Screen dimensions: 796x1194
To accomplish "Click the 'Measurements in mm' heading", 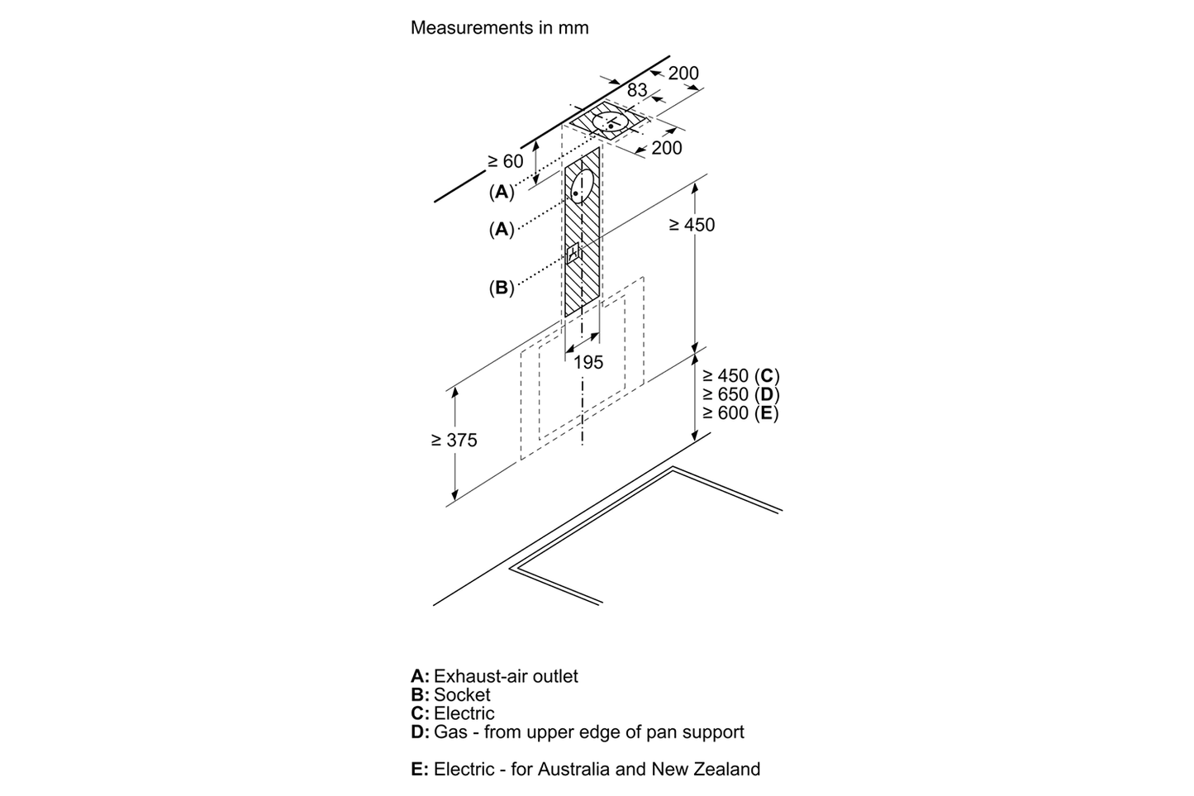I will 499,27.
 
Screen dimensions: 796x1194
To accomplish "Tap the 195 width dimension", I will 587,362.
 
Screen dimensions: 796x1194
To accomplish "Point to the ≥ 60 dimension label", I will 505,161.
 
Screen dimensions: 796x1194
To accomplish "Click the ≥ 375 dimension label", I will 454,441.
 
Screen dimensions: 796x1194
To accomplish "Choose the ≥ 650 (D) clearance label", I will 740,394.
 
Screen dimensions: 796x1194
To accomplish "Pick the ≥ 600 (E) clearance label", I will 740,413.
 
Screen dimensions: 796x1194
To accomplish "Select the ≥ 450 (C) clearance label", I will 740,376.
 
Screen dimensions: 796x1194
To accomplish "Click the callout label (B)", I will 501,288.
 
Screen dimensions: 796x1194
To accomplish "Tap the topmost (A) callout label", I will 501,192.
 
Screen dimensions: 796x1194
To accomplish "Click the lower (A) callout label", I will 501,229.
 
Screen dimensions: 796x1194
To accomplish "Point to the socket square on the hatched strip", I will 572,253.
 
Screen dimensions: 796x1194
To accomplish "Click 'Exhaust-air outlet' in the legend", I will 506,676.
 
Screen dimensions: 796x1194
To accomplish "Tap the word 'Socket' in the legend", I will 462,695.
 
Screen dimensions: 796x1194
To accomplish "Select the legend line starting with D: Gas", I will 577,732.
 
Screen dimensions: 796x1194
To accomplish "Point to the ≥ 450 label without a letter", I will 692,225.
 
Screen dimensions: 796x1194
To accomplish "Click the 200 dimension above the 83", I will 683,73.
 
